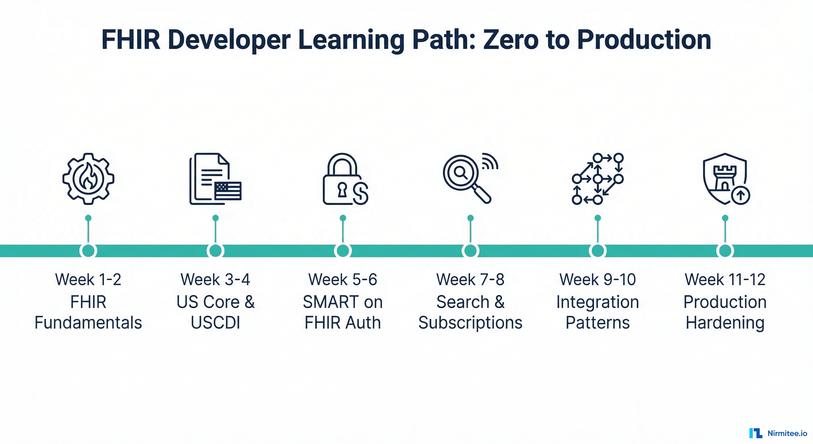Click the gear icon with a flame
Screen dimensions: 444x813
point(88,179)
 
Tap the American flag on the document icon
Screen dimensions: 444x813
point(228,191)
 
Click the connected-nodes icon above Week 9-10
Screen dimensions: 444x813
point(597,179)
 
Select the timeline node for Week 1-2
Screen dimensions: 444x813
point(88,251)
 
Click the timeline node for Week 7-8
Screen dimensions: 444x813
point(470,251)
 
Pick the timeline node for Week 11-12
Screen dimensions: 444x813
point(725,251)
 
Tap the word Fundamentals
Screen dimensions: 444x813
point(88,323)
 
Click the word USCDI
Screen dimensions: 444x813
point(215,323)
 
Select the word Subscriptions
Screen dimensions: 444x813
point(470,323)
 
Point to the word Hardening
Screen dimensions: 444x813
point(725,323)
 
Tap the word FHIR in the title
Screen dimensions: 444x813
point(131,40)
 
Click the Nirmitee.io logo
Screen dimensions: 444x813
point(778,433)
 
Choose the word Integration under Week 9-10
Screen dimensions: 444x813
point(597,302)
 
